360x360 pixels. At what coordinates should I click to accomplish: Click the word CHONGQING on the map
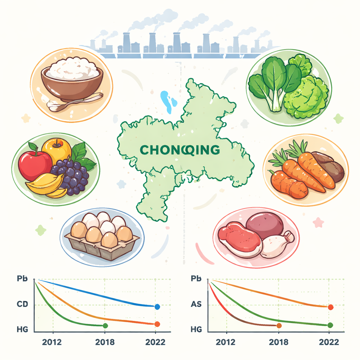pos(180,150)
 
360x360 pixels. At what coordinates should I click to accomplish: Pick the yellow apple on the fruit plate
pos(57,149)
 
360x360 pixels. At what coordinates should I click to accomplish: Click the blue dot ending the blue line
pos(157,307)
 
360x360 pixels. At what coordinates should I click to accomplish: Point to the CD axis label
pos(22,304)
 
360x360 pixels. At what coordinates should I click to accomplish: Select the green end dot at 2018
pos(105,326)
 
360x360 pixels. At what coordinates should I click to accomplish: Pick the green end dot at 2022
pos(330,325)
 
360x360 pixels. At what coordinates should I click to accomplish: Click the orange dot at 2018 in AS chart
pos(279,326)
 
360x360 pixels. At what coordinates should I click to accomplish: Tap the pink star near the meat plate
pos(318,222)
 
